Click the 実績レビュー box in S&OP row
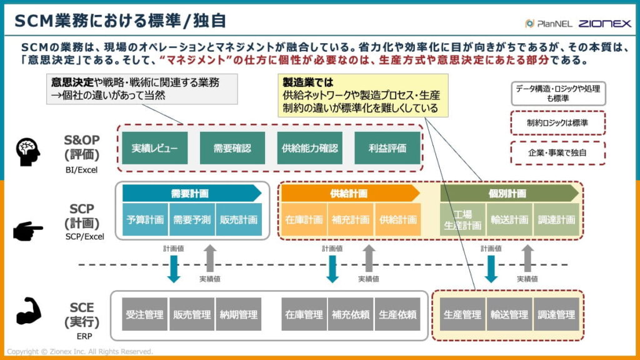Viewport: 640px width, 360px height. [154, 148]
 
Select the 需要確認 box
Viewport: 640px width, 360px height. [232, 148]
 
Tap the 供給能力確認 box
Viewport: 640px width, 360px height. [309, 148]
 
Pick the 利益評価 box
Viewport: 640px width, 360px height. [387, 148]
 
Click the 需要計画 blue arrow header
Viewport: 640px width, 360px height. [191, 193]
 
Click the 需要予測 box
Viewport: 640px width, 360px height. [192, 220]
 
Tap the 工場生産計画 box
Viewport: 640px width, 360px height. [462, 220]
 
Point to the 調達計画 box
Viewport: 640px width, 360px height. [556, 220]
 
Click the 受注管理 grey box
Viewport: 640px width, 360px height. [144, 314]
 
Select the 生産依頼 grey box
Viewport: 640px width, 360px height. [398, 314]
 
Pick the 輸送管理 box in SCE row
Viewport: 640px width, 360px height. [509, 314]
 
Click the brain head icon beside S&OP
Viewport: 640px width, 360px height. [29, 151]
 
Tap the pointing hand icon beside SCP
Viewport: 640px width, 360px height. [28, 231]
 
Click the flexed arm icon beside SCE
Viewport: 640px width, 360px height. [28, 311]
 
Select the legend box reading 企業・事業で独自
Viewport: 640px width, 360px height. [558, 152]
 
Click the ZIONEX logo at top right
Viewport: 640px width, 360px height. [604, 23]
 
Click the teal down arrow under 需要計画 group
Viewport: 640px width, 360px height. [174, 267]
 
